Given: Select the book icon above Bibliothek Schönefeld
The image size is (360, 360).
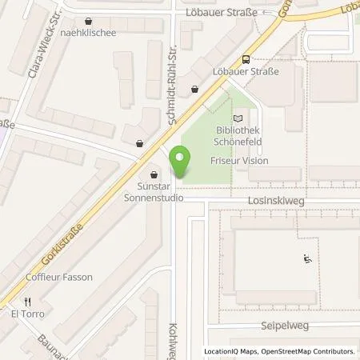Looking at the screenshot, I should (x=235, y=118).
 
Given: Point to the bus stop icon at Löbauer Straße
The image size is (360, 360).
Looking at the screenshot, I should (x=245, y=58).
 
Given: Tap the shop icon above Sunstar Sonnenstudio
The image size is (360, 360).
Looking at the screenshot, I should (x=154, y=174).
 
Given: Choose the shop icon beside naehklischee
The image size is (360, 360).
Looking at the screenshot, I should (x=87, y=21).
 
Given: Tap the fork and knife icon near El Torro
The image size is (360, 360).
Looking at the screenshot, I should (x=26, y=302).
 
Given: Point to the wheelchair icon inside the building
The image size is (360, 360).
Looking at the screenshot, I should (x=306, y=258).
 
